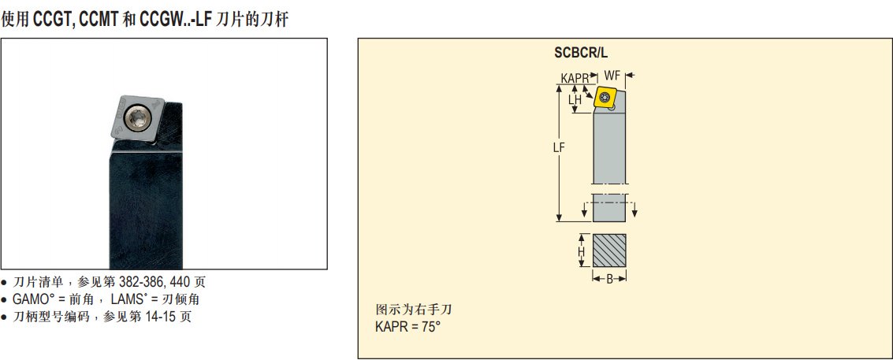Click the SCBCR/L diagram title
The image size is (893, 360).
coord(581,54)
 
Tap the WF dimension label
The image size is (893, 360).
coord(612,75)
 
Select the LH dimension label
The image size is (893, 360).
coord(575,99)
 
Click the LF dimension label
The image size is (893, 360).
coord(559,147)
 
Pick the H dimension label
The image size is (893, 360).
coord(582,251)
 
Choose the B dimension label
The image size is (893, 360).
coord(609,279)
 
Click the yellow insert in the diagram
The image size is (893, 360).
coord(605,98)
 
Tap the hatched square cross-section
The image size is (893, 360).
coord(609,251)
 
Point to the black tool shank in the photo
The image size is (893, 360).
coord(146,188)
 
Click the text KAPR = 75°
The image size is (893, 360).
coord(408,327)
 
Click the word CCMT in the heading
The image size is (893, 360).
coord(99,20)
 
